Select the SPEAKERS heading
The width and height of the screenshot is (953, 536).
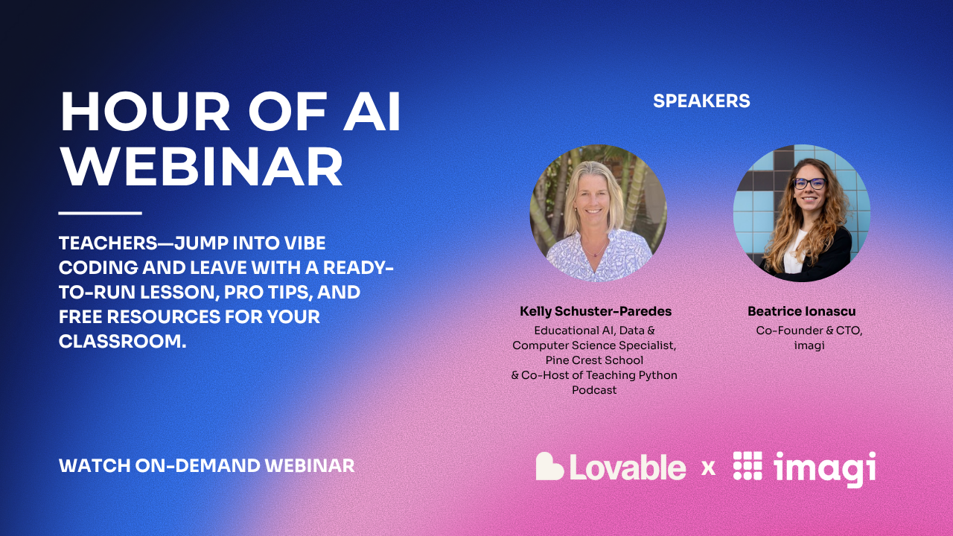point(701,101)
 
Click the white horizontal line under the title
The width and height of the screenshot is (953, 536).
point(100,214)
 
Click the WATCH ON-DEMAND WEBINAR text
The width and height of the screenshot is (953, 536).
point(206,466)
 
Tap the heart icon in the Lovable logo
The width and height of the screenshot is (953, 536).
point(549,467)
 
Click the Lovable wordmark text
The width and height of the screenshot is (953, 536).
point(628,468)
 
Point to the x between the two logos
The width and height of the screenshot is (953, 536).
point(709,468)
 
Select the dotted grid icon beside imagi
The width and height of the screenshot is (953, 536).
point(748,466)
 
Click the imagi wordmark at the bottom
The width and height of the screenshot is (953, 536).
point(824,468)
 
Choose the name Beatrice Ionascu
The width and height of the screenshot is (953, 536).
point(801,311)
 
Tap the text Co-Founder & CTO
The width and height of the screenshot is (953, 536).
point(809,331)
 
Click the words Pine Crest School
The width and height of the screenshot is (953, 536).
point(594,360)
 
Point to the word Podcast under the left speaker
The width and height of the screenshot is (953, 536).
point(594,390)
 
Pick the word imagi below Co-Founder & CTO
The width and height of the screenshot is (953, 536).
point(809,345)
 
